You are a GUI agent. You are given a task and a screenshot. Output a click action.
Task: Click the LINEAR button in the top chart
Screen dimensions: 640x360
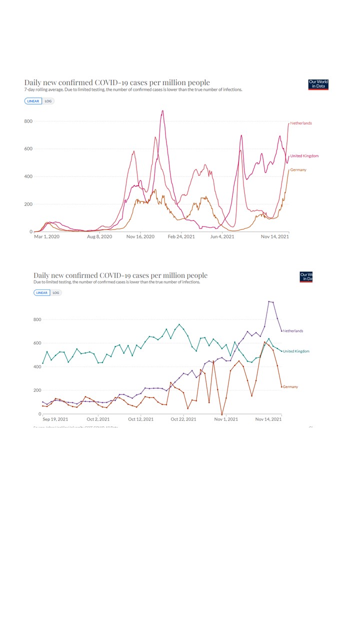tap(33, 101)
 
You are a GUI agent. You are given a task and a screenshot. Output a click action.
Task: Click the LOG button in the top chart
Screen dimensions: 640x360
tap(48, 101)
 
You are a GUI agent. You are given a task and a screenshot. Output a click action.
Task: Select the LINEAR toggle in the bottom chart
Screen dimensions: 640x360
tap(42, 293)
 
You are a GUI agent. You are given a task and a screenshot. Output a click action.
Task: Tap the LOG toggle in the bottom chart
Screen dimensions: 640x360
tap(56, 293)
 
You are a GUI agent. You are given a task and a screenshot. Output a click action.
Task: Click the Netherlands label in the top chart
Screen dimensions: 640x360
tap(301, 123)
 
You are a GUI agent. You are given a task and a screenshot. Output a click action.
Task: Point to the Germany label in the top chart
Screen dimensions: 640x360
tap(298, 170)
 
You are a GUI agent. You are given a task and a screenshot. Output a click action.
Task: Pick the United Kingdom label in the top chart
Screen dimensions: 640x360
tap(304, 156)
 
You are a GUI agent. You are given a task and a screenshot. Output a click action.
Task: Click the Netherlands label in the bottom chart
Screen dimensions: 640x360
tap(292, 331)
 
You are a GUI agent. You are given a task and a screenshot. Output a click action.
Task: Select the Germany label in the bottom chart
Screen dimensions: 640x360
tap(290, 387)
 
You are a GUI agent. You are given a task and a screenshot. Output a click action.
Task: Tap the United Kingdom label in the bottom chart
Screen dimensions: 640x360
tap(296, 351)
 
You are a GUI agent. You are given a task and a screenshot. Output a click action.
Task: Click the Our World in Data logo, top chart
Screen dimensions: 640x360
tap(318, 84)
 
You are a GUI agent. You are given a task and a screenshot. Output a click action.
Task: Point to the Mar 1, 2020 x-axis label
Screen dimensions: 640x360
tap(46, 236)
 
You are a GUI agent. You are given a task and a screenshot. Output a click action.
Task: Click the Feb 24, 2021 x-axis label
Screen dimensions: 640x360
tap(181, 236)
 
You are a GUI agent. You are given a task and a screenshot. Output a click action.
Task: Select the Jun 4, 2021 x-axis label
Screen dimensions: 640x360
tap(222, 236)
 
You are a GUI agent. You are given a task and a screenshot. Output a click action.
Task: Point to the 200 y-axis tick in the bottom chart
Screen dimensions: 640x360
tap(36, 390)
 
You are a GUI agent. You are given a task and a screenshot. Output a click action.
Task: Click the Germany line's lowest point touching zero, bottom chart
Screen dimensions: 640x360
tap(222, 414)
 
